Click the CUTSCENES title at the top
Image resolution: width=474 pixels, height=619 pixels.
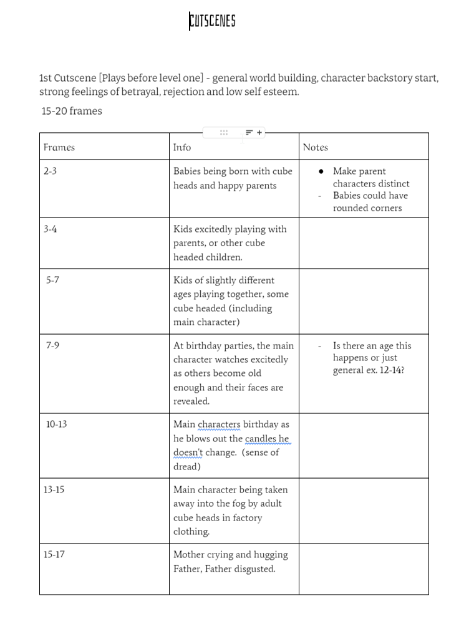coord(212,21)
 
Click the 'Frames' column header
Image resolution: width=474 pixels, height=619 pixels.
coord(59,147)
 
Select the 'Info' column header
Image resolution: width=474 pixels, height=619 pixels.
coord(182,147)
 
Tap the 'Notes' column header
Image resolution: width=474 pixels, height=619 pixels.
coord(315,147)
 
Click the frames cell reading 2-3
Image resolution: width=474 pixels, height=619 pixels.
coord(50,171)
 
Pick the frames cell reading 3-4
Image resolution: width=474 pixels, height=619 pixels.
coord(50,229)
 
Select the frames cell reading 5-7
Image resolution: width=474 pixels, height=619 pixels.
coord(52,280)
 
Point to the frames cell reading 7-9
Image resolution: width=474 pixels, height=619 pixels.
coord(52,345)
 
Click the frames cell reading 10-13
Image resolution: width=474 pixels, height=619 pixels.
coord(56,424)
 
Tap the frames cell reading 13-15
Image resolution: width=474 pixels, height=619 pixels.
coord(54,489)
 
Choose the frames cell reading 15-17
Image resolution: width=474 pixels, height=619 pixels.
coord(54,554)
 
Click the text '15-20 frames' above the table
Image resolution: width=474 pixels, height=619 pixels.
coord(72,111)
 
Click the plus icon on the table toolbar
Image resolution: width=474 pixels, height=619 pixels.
coord(259,132)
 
